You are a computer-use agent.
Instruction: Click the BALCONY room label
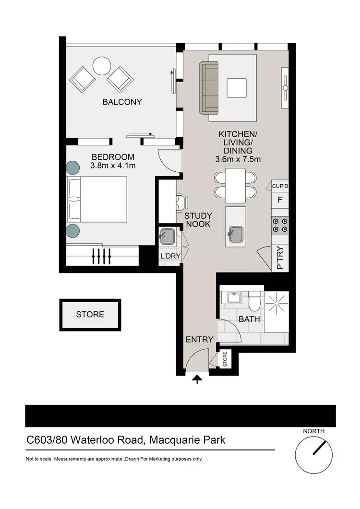point(122,102)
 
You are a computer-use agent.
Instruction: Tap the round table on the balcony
point(102,66)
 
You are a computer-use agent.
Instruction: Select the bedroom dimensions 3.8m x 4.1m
point(113,166)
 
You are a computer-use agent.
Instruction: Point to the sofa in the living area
point(209,87)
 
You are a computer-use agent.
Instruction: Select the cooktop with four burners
point(280,225)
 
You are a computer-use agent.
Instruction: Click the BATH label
point(249,319)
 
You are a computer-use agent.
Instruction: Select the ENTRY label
point(199,339)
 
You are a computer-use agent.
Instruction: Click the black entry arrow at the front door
point(197,380)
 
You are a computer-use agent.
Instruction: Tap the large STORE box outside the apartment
point(90,314)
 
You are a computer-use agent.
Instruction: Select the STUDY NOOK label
point(197,220)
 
